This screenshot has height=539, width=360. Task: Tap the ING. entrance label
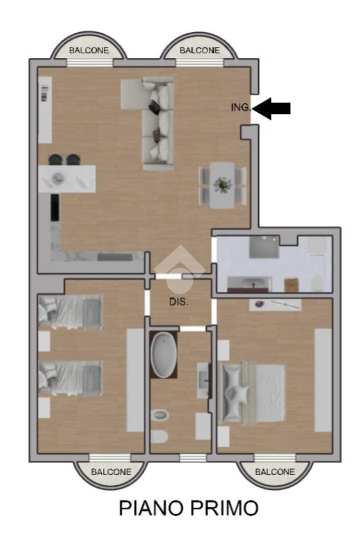241,107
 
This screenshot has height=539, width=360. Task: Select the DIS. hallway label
179,302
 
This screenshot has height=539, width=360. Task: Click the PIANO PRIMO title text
188,508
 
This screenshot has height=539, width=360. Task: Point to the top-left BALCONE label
89,51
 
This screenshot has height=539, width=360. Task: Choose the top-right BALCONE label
199,51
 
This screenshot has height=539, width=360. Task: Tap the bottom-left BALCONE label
111,472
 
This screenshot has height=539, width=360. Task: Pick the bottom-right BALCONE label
275,472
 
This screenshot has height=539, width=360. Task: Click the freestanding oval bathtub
164,355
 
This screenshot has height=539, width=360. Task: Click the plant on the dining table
222,185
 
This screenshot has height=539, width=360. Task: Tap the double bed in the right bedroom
252,393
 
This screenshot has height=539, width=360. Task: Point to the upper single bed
71,311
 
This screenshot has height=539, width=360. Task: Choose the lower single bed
71,378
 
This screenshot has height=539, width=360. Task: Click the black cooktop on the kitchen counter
55,207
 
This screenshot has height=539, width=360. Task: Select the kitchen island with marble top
67,179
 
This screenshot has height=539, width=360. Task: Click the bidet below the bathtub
160,415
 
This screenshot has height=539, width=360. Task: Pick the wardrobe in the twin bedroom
135,380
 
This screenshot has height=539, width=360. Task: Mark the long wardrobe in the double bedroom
323,380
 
